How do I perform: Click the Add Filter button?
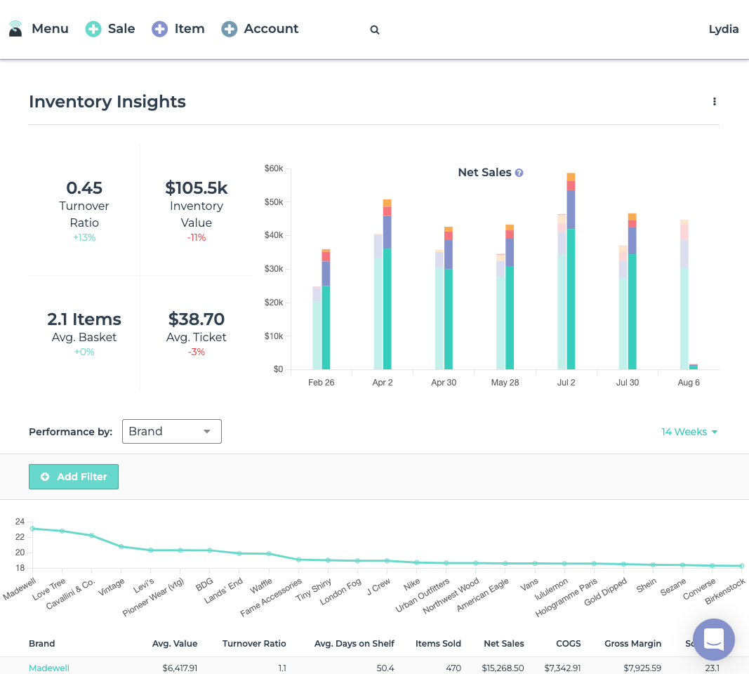point(74,477)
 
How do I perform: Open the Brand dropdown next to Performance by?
point(172,432)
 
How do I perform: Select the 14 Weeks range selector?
point(689,432)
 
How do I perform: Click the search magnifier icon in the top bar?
point(375,29)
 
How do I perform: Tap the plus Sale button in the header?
point(110,29)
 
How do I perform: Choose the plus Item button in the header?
point(178,29)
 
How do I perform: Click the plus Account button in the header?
point(260,29)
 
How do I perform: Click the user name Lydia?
point(724,29)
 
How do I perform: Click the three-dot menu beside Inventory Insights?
point(715,102)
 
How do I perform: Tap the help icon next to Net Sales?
point(519,173)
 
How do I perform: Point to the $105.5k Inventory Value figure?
point(197,188)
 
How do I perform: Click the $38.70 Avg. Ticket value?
point(197,319)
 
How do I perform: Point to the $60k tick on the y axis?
point(274,168)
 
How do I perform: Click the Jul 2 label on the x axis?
point(566,383)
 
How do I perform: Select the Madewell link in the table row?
point(49,668)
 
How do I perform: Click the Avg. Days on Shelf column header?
point(354,643)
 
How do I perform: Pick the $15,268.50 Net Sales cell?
point(504,668)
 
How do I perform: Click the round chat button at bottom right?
point(713,640)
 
